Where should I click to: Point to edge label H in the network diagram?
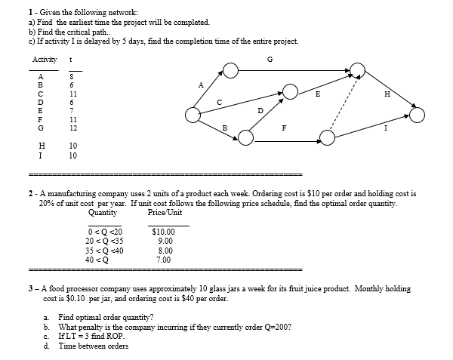387,94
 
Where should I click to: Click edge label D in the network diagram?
260,111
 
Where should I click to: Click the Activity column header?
43,60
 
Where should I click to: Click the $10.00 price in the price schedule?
163,232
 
